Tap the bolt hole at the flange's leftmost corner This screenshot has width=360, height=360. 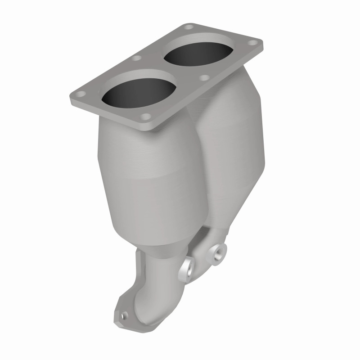(x=81, y=95)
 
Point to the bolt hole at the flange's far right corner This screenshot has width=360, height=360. (x=254, y=44)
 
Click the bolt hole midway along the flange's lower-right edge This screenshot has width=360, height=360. (x=204, y=78)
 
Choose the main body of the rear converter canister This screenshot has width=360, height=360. (x=234, y=148)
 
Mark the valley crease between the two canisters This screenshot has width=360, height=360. (x=198, y=148)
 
